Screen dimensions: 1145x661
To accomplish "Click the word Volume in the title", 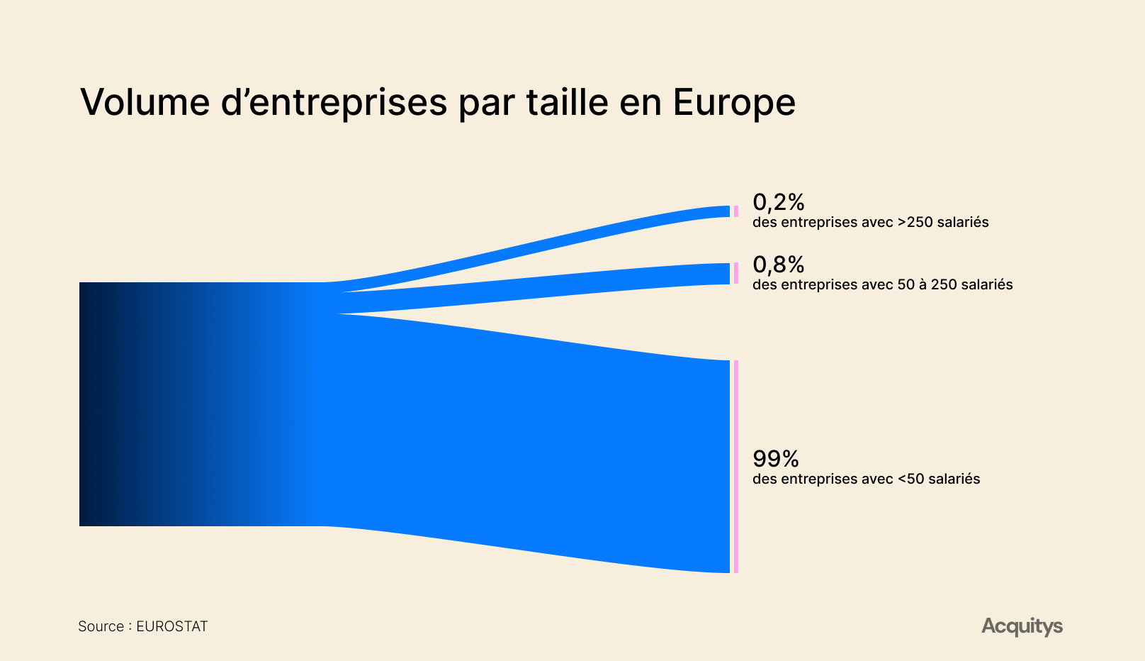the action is (x=145, y=102).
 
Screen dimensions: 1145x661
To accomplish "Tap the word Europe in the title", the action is (x=734, y=104).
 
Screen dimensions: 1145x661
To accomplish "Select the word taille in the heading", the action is (x=567, y=101).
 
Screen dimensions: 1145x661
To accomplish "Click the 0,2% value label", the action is (x=778, y=202).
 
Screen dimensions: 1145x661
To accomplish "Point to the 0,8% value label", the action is (x=778, y=265).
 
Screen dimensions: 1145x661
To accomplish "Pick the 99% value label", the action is (x=775, y=459).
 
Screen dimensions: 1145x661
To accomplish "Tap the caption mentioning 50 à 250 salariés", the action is (x=883, y=284).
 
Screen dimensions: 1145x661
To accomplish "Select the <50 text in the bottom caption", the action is (x=910, y=479).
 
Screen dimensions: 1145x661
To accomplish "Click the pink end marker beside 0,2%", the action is (x=736, y=211).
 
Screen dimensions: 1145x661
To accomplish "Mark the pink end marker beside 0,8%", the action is (x=736, y=273).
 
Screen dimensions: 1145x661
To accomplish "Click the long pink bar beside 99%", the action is (x=736, y=467).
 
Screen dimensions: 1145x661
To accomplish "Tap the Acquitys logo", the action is (x=1022, y=626).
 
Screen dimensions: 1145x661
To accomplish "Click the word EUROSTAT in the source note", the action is (x=171, y=626).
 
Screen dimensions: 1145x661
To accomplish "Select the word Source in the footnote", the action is (x=101, y=626).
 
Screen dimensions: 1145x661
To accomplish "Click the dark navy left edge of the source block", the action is (x=87, y=404).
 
